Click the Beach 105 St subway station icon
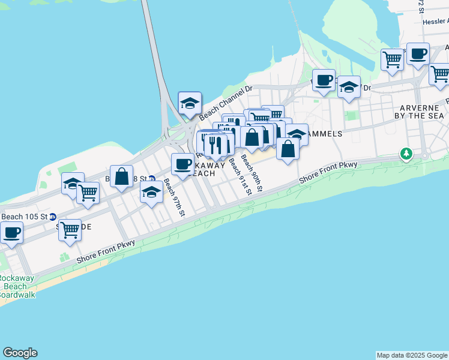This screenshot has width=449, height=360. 53,217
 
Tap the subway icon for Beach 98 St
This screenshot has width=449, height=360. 152,179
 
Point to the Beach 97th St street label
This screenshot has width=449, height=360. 174,197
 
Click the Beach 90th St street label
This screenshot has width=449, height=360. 252,173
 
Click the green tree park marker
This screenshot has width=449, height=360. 406,154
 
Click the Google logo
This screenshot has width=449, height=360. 20,353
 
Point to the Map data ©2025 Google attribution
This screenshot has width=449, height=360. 411,355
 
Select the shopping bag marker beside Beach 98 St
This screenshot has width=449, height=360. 122,176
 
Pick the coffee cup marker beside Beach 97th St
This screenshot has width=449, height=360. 182,164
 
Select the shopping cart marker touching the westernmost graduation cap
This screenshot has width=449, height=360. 88,193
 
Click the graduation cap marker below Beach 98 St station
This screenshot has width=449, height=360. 151,193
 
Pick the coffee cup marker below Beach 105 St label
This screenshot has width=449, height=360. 11,232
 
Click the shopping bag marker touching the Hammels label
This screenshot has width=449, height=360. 288,148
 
